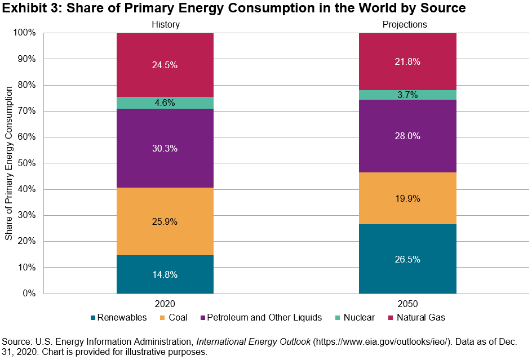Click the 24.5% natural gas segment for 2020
(165, 65)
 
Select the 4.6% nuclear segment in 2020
(165, 103)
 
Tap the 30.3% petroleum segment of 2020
(165, 148)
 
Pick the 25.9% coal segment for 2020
(165, 221)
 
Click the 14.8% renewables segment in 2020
(165, 274)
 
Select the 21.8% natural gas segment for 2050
(407, 61)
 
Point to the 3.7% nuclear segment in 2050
(407, 95)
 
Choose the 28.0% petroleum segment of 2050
(407, 136)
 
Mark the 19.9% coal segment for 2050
(407, 198)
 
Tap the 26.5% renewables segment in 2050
(407, 259)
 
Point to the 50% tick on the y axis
(26, 163)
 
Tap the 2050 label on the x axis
(407, 303)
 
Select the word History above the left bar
(165, 24)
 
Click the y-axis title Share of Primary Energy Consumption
(8, 163)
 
